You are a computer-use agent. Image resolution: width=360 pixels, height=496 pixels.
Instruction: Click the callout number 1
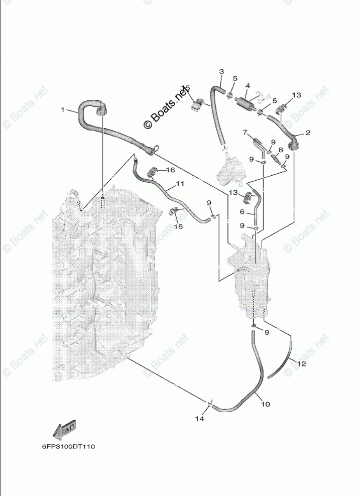[63, 109]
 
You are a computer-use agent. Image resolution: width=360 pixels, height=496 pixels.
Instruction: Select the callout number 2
[308, 134]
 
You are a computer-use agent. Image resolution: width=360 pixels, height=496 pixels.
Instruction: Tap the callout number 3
[221, 72]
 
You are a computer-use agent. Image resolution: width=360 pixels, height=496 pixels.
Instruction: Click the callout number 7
[246, 133]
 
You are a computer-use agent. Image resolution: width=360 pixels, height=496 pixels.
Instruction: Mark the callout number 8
[281, 149]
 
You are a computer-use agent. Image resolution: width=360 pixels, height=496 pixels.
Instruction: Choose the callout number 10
[266, 404]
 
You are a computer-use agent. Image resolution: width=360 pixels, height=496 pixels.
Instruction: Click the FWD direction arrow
[64, 429]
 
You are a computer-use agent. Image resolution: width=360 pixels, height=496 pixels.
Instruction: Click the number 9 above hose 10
[267, 332]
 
